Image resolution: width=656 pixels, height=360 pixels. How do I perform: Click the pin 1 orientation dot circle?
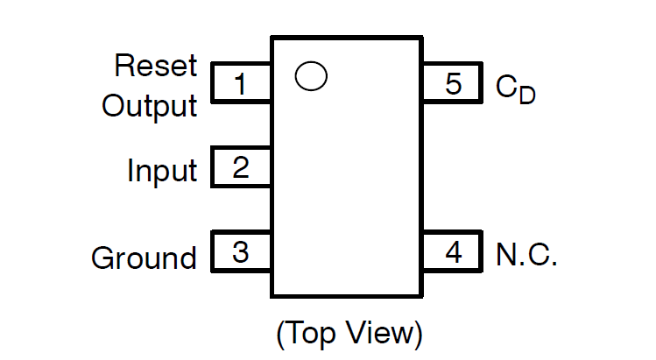tap(311, 76)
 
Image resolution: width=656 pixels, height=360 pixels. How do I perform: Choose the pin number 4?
tap(453, 252)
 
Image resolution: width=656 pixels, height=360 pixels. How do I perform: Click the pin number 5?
tap(453, 85)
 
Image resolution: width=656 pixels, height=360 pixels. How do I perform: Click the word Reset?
tap(156, 66)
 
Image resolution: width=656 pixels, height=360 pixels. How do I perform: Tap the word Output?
tap(149, 106)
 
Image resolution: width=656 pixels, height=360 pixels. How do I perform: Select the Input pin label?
tap(162, 171)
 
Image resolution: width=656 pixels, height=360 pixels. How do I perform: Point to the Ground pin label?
tap(144, 258)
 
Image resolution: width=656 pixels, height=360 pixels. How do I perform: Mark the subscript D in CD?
tap(526, 94)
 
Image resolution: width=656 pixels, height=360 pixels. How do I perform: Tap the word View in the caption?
tap(384, 334)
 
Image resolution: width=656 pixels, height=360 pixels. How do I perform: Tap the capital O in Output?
tap(113, 106)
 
